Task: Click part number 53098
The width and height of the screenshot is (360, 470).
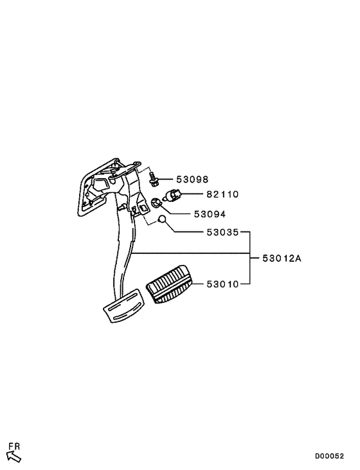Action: pos(192,179)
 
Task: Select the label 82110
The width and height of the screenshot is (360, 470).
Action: pos(222,195)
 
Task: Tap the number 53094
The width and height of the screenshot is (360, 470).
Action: pos(210,214)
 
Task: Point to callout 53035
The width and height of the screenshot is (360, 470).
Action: pos(222,232)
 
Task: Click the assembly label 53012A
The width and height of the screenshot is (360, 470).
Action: pos(282,258)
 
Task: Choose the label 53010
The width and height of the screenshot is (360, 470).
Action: pos(222,284)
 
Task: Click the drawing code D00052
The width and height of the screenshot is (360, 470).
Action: pos(329,456)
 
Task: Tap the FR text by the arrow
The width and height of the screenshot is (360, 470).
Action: pos(14,446)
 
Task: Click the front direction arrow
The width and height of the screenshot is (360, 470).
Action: pos(14,457)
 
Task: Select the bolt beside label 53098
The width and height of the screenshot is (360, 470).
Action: pos(153,179)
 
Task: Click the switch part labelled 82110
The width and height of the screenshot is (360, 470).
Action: pos(172,195)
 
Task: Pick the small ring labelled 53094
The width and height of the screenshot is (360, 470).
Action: pos(156,203)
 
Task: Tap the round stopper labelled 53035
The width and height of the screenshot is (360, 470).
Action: pos(161,219)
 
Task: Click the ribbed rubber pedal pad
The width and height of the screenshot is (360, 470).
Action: pos(168,284)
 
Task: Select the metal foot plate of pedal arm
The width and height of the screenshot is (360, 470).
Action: pos(125,306)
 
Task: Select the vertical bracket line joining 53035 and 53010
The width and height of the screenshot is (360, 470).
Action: pos(250,257)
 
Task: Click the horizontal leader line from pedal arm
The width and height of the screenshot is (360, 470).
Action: pos(190,253)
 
